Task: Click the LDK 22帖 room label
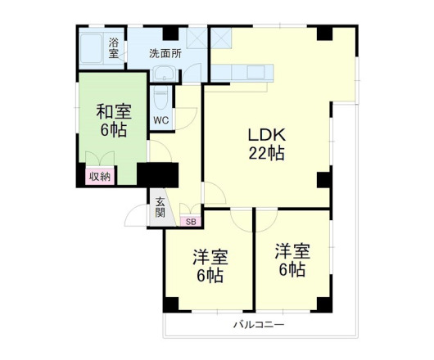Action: click(x=267, y=144)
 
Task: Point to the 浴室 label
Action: click(x=113, y=47)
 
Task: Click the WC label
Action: click(x=160, y=120)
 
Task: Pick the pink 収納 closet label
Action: click(x=101, y=176)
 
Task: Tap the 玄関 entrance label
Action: click(x=160, y=206)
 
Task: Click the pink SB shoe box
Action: click(x=191, y=221)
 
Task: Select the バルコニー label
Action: click(x=259, y=325)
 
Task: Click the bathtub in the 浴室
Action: click(x=93, y=49)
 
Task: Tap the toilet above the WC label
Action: click(x=160, y=97)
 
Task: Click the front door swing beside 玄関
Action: click(x=135, y=217)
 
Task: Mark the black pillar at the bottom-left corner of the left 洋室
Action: click(x=170, y=304)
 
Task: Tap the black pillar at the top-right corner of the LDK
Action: click(x=325, y=34)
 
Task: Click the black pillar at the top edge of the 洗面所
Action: click(x=170, y=33)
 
